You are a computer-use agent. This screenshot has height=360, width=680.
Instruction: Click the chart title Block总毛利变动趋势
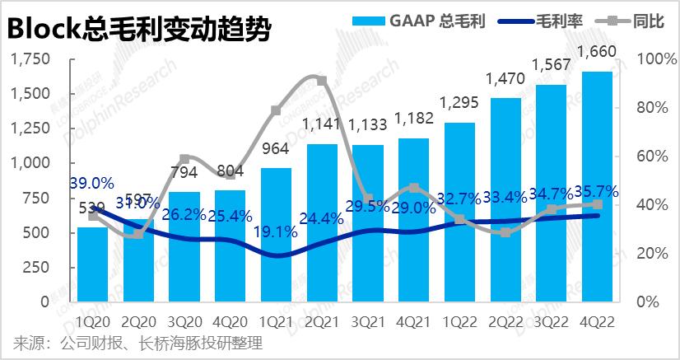click(138, 30)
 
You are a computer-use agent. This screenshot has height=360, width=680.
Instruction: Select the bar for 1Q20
click(92, 264)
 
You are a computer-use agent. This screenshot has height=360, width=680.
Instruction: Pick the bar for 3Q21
click(367, 222)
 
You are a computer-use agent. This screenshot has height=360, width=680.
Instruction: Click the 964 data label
click(276, 151)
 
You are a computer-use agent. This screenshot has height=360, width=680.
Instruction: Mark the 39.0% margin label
click(91, 182)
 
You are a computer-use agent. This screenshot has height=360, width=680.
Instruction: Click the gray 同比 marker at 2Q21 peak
click(322, 81)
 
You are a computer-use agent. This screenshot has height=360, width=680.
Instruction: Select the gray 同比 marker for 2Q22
click(505, 232)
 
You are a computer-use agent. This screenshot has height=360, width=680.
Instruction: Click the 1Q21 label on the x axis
click(276, 321)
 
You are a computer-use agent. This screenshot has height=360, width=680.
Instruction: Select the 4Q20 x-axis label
click(230, 321)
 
